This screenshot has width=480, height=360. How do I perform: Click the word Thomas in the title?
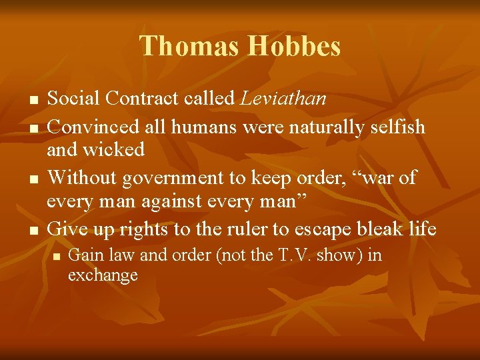pyautogui.click(x=190, y=47)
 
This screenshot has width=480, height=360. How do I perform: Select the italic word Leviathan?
pyautogui.click(x=283, y=99)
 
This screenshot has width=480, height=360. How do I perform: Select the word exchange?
pyautogui.click(x=103, y=275)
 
